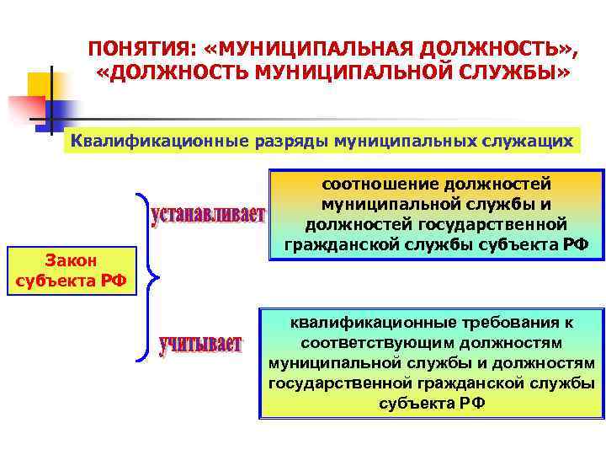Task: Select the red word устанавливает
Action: coord(208,216)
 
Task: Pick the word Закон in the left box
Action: coord(72,262)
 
